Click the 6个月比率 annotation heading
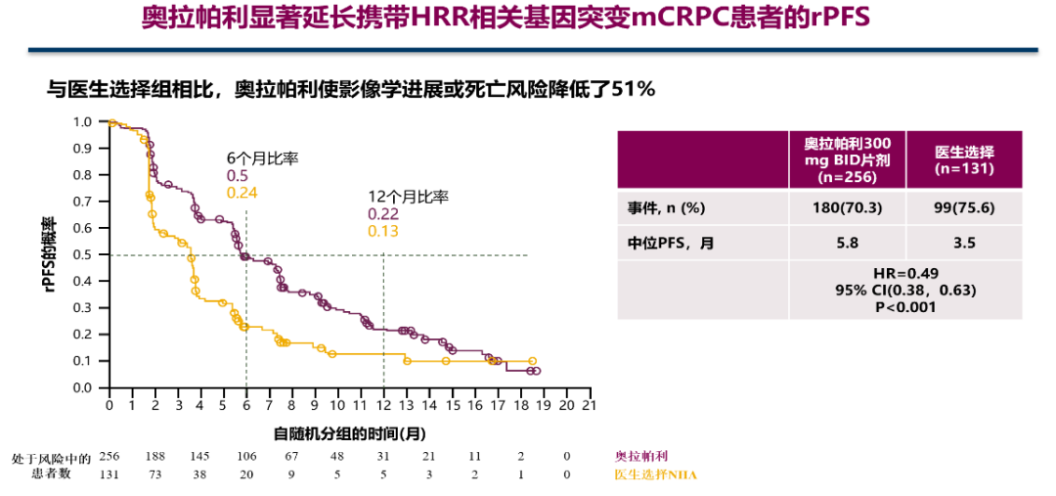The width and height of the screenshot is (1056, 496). point(263,158)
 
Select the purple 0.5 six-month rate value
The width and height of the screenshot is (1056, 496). point(237,175)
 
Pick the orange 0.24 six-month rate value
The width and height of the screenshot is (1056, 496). point(242,192)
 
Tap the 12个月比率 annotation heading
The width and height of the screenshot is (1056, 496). point(408,197)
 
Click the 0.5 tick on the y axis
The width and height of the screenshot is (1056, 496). point(82,255)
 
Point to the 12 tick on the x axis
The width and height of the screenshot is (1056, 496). point(383,405)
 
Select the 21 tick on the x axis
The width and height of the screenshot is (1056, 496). point(589,405)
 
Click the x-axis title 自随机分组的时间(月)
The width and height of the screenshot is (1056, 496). point(349,431)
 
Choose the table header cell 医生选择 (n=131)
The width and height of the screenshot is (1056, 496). point(964,159)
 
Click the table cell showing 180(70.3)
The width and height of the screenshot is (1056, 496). point(847,208)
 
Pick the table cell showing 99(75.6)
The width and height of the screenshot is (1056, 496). point(964,208)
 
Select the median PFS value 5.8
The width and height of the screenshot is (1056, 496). point(847,243)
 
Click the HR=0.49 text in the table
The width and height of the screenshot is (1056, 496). point(906,274)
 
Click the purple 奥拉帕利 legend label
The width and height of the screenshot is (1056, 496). point(641,457)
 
